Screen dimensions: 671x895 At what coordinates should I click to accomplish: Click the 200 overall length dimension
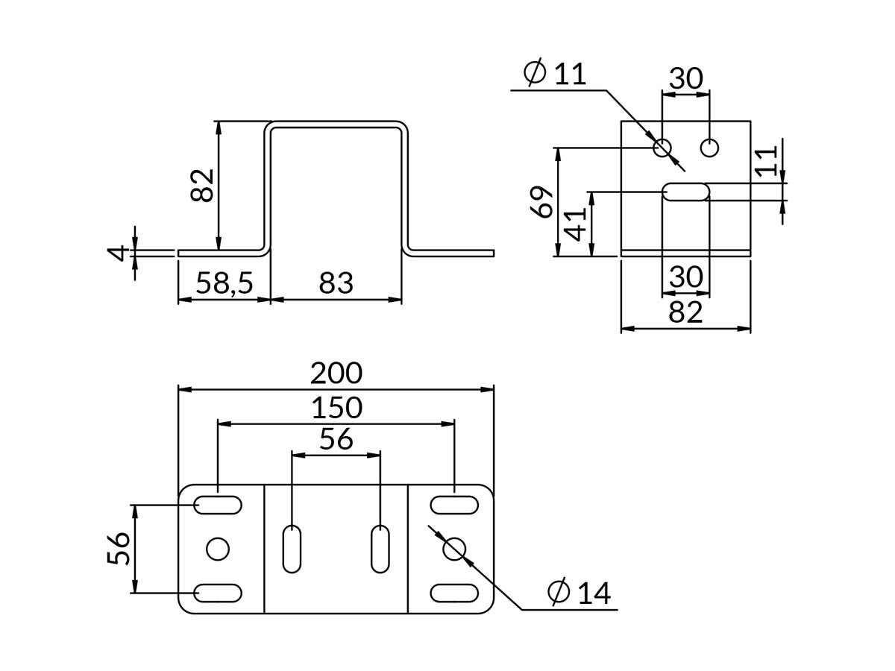(336, 373)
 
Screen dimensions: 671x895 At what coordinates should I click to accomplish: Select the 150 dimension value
(336, 408)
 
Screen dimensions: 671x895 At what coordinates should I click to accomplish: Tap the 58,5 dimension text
(224, 283)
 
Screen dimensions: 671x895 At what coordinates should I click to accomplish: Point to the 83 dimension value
(336, 283)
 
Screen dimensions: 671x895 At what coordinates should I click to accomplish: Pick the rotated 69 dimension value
(544, 201)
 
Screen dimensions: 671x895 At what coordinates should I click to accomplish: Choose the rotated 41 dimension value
(576, 223)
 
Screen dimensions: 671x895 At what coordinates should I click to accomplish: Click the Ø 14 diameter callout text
(579, 593)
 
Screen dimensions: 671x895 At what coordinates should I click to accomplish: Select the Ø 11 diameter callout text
(555, 74)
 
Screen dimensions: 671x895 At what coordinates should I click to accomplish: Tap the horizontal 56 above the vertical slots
(336, 440)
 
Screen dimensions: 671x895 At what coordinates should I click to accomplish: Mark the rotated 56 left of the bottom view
(119, 549)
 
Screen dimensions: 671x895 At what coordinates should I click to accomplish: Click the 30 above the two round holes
(685, 78)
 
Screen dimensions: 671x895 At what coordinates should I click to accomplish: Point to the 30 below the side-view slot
(685, 277)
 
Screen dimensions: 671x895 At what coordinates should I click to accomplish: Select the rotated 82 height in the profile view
(202, 185)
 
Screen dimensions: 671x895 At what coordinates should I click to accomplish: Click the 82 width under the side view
(685, 312)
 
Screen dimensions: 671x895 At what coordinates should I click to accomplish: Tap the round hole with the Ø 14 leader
(454, 549)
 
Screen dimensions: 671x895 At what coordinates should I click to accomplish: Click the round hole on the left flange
(218, 549)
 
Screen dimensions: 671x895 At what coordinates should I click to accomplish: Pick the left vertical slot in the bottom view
(292, 549)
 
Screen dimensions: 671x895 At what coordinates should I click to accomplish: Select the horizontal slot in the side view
(686, 192)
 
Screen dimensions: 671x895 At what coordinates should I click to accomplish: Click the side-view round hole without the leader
(709, 148)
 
